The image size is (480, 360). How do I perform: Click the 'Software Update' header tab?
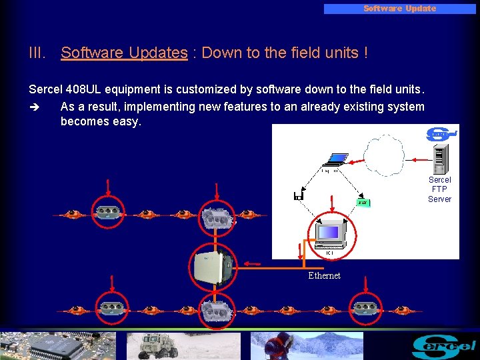399,9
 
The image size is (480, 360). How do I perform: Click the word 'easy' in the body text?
127,121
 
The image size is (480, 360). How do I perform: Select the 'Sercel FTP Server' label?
439,189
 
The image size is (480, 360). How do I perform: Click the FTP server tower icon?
438,159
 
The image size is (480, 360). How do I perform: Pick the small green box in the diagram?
363,202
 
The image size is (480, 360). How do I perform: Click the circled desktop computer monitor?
331,232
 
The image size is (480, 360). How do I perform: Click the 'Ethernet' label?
324,275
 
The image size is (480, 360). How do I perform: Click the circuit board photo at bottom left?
57,345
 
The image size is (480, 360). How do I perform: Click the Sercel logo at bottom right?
443,345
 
